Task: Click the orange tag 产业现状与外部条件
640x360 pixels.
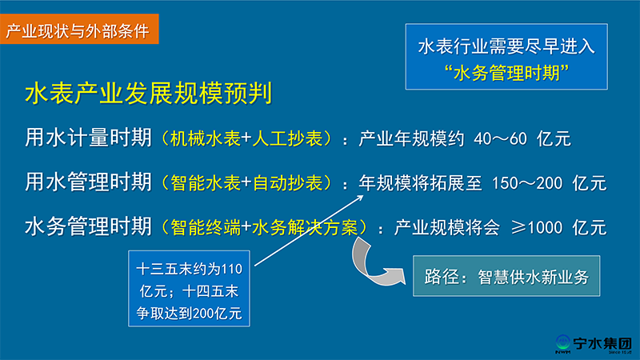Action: (x=79, y=29)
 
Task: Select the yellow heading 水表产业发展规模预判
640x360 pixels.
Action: (x=149, y=93)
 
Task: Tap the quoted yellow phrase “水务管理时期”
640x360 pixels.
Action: (x=506, y=73)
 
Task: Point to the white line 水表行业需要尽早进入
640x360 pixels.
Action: (x=506, y=46)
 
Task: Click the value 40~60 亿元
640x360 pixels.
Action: (x=522, y=138)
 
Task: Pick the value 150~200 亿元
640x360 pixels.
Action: (x=549, y=183)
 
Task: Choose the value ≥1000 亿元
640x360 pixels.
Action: (x=558, y=227)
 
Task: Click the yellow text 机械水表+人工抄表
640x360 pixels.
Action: (x=246, y=138)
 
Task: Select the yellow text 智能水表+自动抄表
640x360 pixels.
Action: (x=246, y=183)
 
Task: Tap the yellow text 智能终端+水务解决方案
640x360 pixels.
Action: (x=264, y=227)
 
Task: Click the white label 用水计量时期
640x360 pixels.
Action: (x=88, y=137)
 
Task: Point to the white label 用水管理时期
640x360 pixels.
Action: (x=88, y=182)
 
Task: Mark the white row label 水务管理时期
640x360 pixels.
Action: (x=88, y=226)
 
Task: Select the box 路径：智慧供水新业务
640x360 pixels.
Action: (x=506, y=276)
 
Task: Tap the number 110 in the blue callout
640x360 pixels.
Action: (x=231, y=269)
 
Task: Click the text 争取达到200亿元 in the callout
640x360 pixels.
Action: (x=189, y=313)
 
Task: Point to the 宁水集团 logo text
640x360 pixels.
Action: (x=602, y=343)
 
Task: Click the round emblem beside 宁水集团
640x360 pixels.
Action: (x=563, y=342)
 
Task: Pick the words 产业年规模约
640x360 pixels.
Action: (x=411, y=138)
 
